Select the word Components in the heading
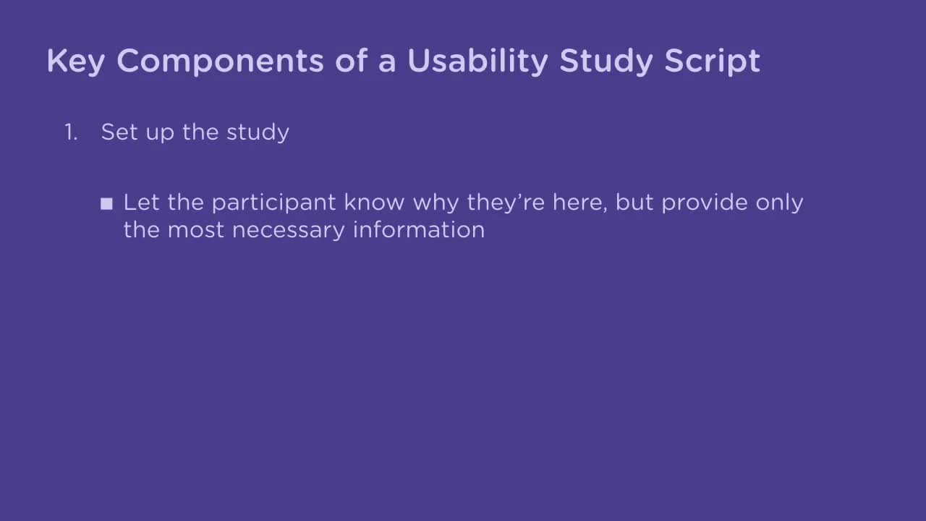coord(220,62)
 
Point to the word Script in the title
coord(713,62)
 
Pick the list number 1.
coord(70,132)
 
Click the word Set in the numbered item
coord(116,132)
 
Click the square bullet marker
coord(107,204)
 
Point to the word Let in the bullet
coord(140,202)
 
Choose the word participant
coord(273,203)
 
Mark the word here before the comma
coord(578,202)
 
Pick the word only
coord(779,203)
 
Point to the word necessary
coord(289,230)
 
